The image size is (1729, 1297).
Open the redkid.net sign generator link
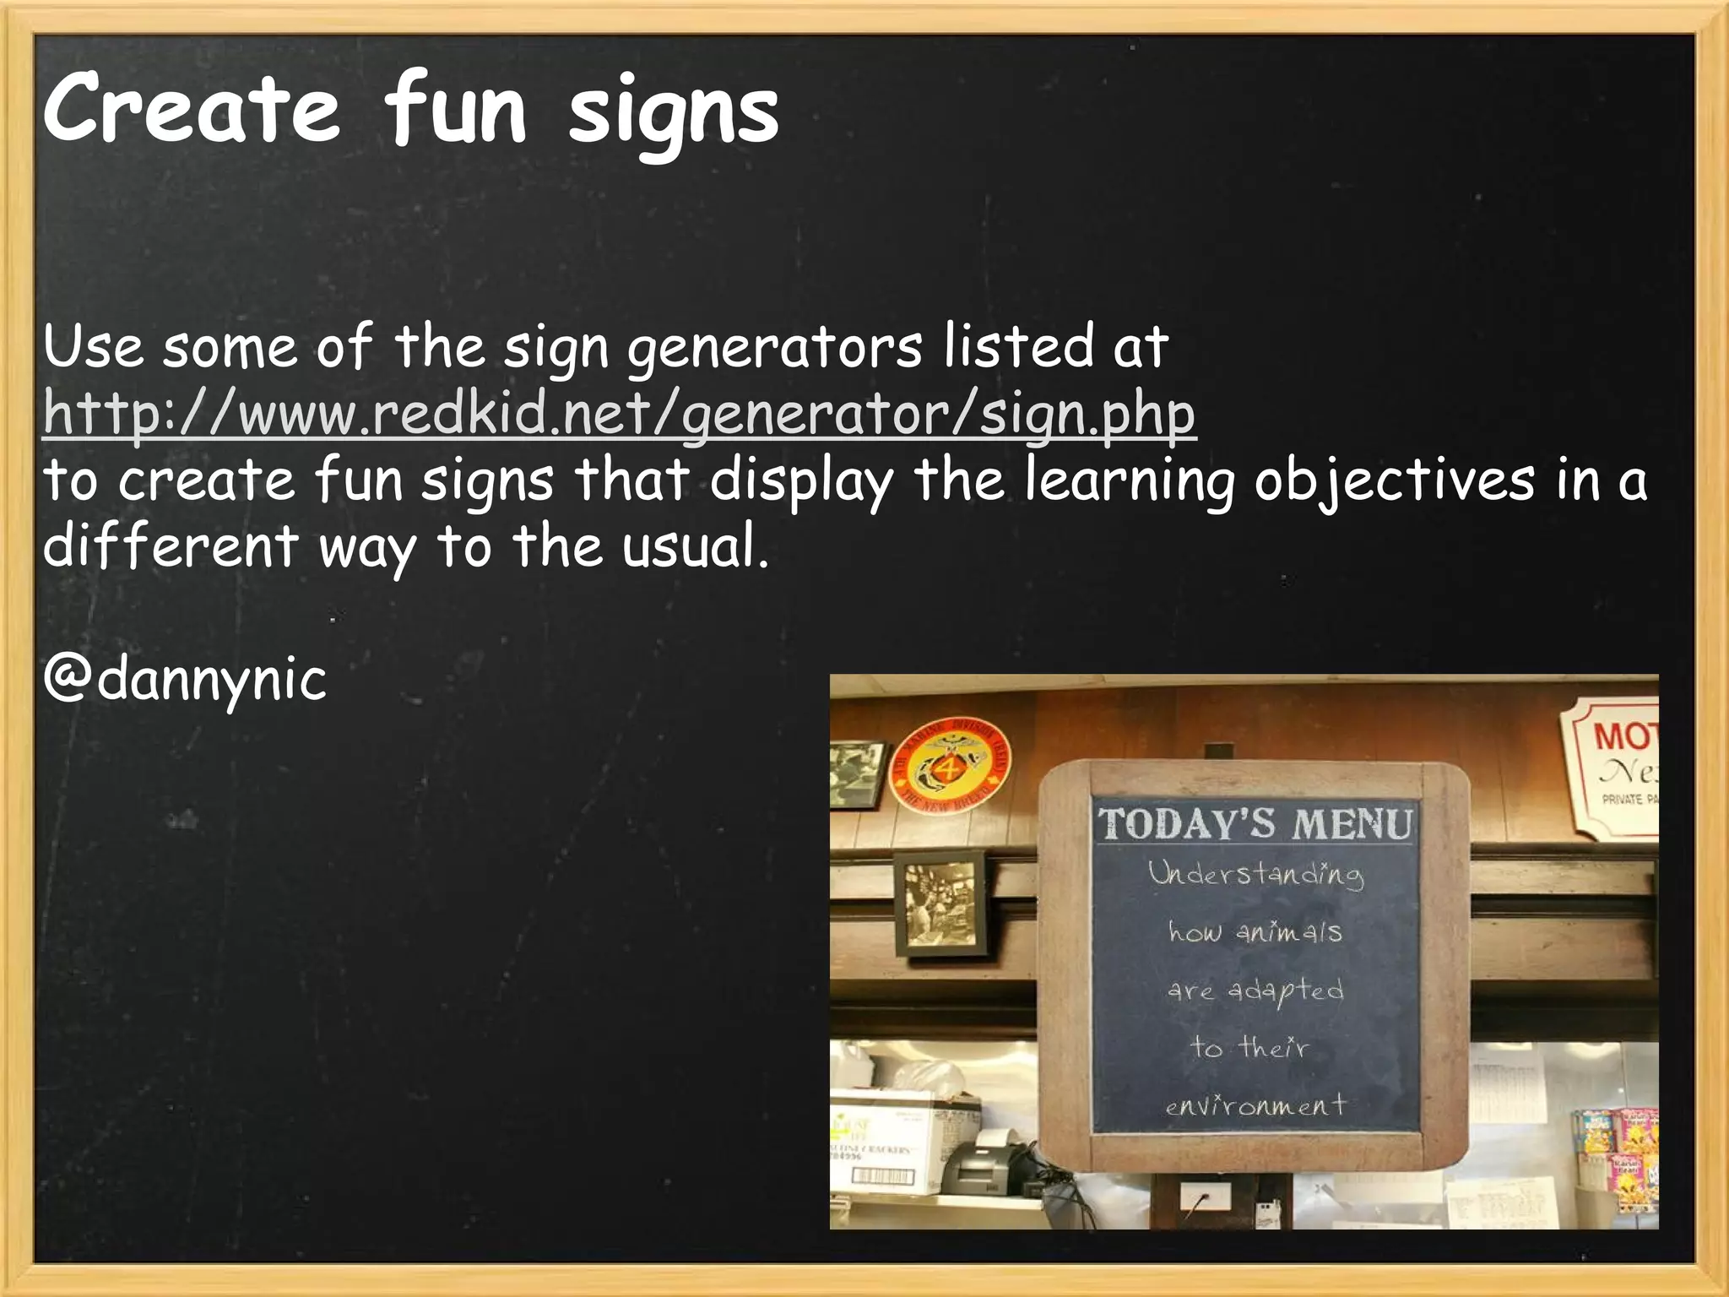pyautogui.click(x=619, y=414)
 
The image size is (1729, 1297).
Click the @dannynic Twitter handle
pyautogui.click(x=185, y=679)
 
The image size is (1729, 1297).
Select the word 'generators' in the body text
pyautogui.click(x=775, y=348)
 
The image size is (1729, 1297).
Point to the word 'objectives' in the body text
pyautogui.click(x=1394, y=481)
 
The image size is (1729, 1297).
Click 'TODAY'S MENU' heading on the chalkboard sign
pyautogui.click(x=1255, y=824)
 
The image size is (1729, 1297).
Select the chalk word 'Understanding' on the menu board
pyautogui.click(x=1255, y=874)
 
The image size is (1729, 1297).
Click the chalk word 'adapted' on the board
pyautogui.click(x=1286, y=990)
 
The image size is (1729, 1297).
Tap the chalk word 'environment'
pyautogui.click(x=1255, y=1105)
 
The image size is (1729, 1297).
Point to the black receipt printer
pyautogui.click(x=984, y=1164)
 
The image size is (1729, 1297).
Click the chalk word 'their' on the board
pyautogui.click(x=1274, y=1048)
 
